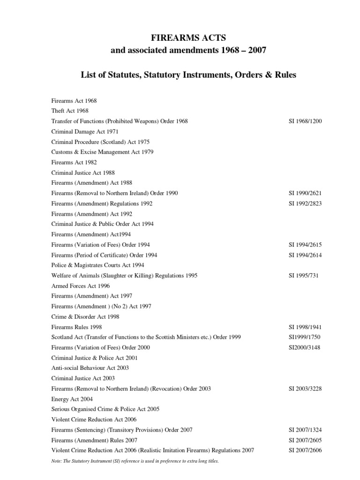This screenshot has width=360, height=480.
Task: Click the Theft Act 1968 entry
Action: (x=70, y=111)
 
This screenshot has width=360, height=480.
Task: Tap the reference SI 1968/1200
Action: (x=305, y=121)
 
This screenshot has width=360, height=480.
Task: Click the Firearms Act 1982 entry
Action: (x=74, y=162)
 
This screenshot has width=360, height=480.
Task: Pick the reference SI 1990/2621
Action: (x=305, y=193)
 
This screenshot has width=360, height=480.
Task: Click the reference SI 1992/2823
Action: (x=305, y=203)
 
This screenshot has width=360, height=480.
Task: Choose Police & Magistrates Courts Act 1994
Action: (x=97, y=265)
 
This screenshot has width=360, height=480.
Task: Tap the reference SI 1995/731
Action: (x=303, y=276)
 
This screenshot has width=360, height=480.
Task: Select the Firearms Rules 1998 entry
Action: (x=76, y=327)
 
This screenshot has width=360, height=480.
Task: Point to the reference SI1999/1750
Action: (x=304, y=337)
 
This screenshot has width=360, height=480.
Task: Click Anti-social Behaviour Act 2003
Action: (x=90, y=368)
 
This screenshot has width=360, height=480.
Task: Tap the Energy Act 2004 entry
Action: (x=72, y=399)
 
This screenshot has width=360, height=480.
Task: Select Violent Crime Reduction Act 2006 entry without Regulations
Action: (x=94, y=420)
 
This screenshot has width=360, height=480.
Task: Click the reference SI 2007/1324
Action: (x=305, y=430)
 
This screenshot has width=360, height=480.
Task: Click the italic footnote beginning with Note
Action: (x=135, y=461)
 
